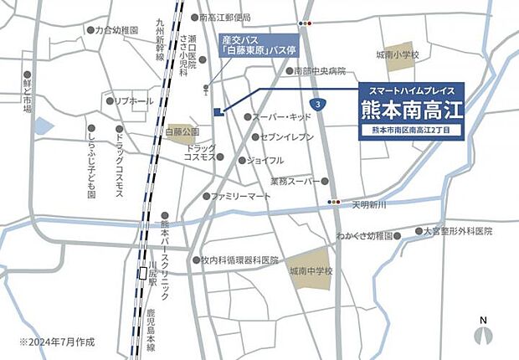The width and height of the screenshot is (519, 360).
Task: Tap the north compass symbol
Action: pos(483,332)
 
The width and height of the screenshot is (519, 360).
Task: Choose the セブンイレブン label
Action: pos(286,136)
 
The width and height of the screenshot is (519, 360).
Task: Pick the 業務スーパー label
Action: pos(295,181)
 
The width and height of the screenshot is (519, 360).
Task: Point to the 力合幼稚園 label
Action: pos(116,30)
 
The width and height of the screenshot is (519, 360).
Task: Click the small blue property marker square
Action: pos(218,112)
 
